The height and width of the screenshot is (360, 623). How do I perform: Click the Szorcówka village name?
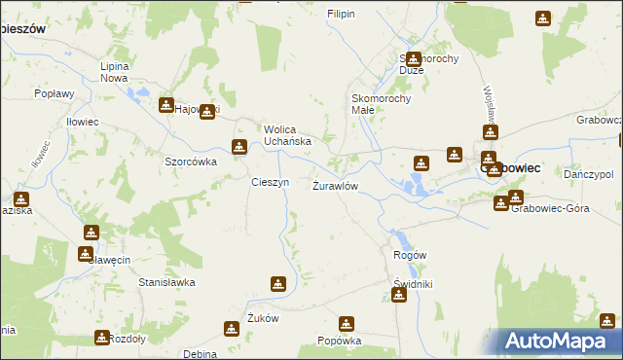(x=190, y=162)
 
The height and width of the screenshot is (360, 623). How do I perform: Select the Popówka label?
(x=340, y=342)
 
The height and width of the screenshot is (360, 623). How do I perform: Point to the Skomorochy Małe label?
(x=383, y=104)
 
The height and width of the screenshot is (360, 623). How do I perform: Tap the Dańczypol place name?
(x=587, y=173)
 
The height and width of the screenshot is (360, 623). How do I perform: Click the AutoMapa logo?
(x=561, y=342)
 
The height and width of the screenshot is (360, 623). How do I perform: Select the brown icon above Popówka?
(x=347, y=323)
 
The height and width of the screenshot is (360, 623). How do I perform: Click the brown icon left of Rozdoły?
(x=101, y=338)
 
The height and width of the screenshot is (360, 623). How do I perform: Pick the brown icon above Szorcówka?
(x=238, y=147)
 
